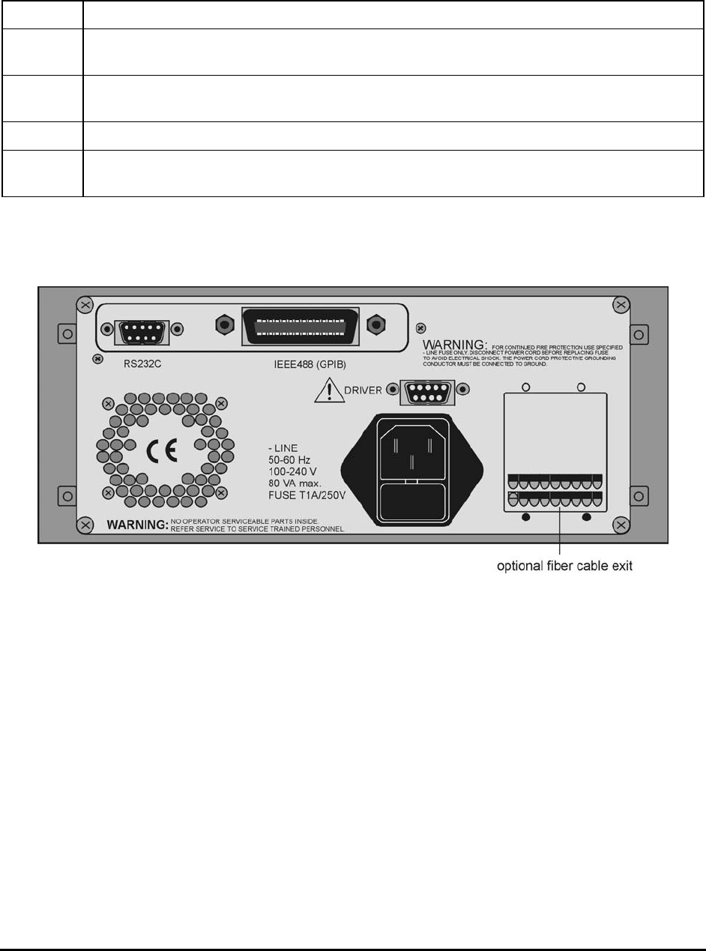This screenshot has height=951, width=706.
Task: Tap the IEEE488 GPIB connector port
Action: [x=301, y=325]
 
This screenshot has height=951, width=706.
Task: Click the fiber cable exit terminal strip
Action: [x=555, y=490]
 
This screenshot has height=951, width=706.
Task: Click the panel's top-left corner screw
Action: [x=85, y=306]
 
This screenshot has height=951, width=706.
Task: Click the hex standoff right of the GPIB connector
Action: [x=375, y=324]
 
